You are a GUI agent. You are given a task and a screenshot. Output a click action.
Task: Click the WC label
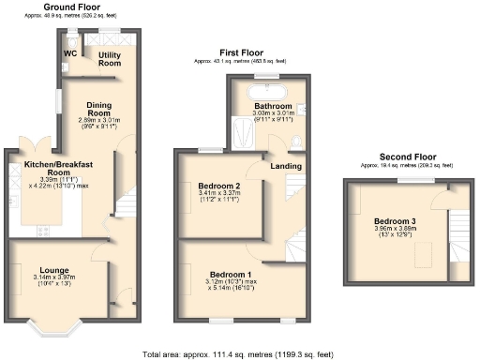click(69, 53)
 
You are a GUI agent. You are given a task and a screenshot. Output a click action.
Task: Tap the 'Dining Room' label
click(99, 110)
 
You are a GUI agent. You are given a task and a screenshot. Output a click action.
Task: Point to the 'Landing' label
click(286, 167)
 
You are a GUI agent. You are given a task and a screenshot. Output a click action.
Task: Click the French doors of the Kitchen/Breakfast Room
click(38, 144)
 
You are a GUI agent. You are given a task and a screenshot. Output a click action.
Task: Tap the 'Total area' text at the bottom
click(238, 355)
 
